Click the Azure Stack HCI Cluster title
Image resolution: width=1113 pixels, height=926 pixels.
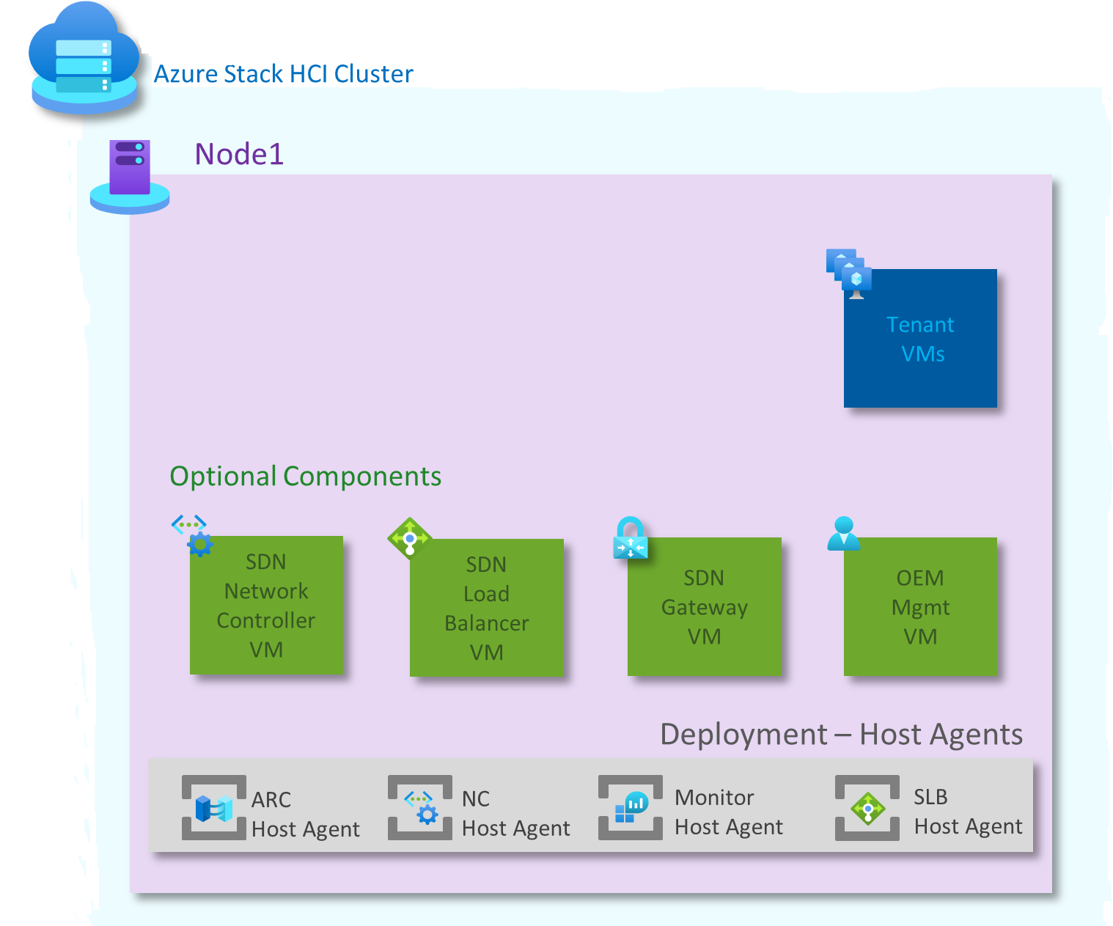[283, 74]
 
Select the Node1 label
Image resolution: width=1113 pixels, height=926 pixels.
[239, 154]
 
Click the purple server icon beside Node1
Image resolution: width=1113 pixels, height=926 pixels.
[130, 176]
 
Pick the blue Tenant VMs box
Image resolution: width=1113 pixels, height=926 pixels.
[920, 339]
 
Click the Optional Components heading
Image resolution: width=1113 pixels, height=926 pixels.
[305, 477]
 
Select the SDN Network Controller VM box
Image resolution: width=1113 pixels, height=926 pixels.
[266, 605]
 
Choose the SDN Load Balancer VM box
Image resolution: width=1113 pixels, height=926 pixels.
[487, 608]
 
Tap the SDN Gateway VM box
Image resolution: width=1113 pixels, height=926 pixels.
[704, 606]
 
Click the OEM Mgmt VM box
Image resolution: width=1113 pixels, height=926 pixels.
[920, 606]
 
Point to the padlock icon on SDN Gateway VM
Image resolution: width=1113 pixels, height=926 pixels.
[631, 538]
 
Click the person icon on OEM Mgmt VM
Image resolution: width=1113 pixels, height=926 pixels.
[843, 534]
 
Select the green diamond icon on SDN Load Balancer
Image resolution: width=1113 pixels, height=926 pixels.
[409, 539]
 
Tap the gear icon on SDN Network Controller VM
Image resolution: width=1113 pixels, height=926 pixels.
[199, 544]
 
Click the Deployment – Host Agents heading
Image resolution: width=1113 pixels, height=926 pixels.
[841, 735]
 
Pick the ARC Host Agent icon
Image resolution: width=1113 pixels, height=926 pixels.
[214, 808]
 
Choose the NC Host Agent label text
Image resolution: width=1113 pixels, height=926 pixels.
[515, 813]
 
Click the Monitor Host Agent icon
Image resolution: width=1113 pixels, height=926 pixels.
[631, 807]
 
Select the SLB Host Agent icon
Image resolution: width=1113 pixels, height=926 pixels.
[867, 808]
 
